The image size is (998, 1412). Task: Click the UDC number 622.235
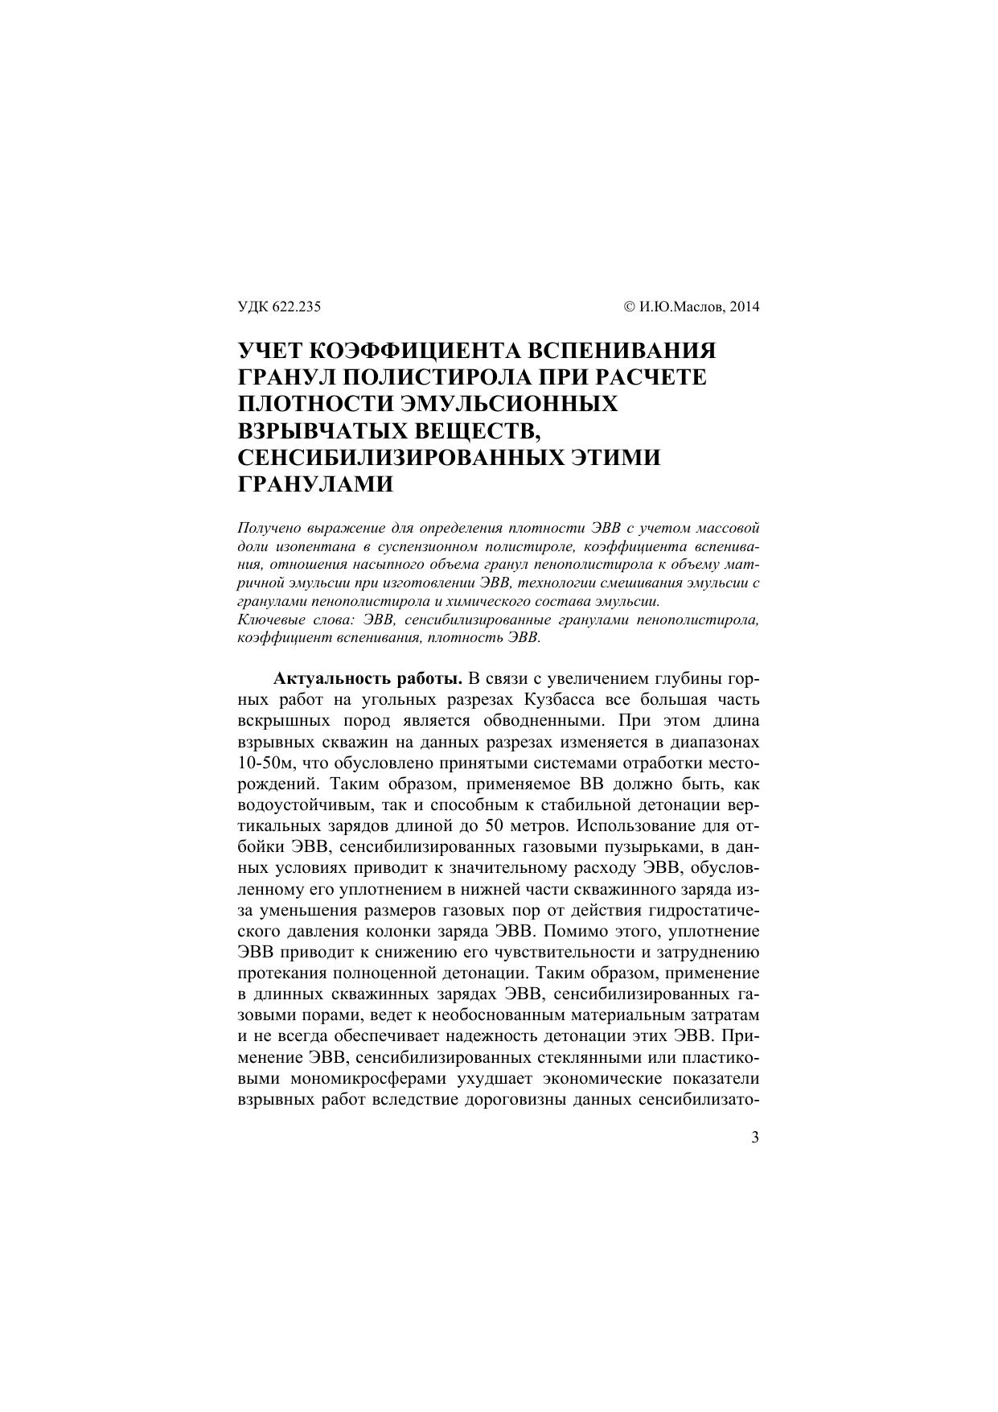click(x=297, y=307)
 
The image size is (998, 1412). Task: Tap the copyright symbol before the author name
click(x=630, y=307)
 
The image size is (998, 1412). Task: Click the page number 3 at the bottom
click(x=754, y=1138)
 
